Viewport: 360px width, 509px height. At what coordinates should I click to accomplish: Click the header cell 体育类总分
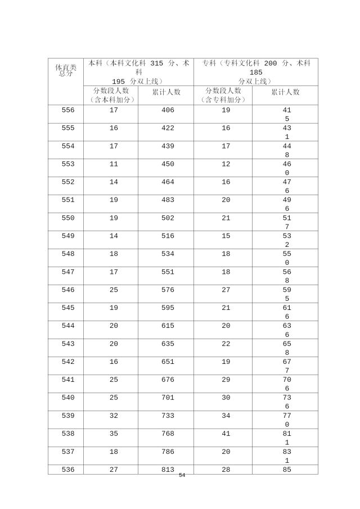pos(65,70)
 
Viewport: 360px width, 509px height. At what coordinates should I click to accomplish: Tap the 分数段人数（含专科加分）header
pos(223,95)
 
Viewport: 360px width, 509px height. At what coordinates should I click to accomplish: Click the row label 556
pos(68,110)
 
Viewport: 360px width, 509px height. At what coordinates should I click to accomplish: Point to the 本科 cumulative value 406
pos(168,110)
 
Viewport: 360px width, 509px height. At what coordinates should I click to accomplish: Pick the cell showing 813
pos(168,470)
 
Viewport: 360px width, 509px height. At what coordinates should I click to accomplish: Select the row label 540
pos(68,398)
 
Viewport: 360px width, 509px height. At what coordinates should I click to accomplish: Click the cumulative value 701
pos(168,398)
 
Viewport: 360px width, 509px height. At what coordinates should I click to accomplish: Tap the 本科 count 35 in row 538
pos(114,434)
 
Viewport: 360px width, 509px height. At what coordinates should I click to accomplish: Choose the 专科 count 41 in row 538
pos(226,434)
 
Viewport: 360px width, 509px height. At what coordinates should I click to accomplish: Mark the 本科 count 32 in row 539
pos(114,416)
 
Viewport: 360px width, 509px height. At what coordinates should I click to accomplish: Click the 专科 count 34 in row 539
pos(226,416)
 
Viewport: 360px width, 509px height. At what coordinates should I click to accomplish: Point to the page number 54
pos(182,475)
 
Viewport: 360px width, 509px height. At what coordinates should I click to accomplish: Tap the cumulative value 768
pos(168,434)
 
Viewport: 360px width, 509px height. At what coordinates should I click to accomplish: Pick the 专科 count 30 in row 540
pos(226,398)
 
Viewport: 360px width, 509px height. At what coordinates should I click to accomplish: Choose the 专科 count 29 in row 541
pos(226,380)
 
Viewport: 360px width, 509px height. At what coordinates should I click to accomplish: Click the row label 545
pos(68,308)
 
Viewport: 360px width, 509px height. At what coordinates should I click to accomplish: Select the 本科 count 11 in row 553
pos(114,164)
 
